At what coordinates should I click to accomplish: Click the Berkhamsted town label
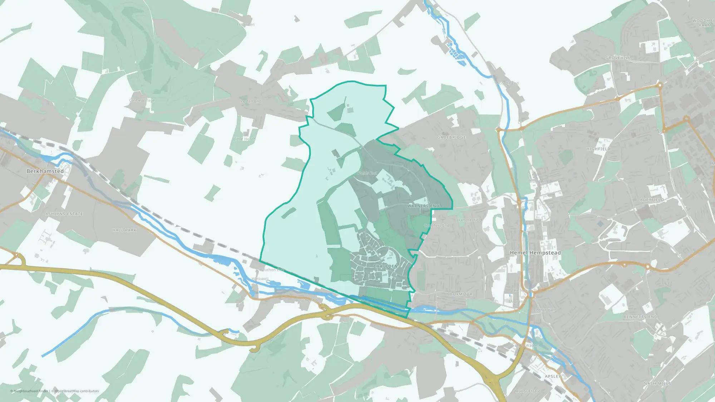45,171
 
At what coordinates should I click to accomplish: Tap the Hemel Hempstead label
535,253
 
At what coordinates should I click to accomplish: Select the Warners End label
423,206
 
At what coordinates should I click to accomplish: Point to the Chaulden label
385,266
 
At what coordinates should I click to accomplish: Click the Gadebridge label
452,137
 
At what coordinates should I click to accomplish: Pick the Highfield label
598,149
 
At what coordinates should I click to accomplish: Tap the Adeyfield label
652,200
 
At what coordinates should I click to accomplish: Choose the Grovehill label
618,58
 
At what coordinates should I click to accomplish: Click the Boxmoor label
461,294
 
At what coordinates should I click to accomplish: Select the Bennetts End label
640,317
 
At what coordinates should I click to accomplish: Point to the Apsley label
552,376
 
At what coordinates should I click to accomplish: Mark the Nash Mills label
657,383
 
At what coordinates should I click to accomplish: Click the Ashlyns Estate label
64,214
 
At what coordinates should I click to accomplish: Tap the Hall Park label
124,230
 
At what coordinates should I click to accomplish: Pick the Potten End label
251,101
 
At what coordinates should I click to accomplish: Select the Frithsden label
246,25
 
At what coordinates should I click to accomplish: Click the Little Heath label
245,139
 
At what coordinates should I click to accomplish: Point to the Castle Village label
142,100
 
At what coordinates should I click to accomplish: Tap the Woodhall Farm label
703,23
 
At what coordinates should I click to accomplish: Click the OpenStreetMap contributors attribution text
77,391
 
